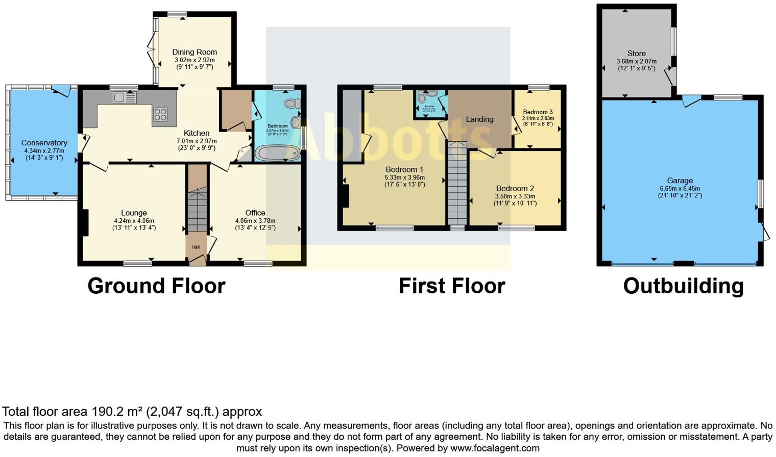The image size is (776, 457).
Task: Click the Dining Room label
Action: coord(194,52)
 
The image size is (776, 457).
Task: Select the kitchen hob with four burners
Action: coord(160,114)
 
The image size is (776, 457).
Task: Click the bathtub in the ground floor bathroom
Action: coord(277,153)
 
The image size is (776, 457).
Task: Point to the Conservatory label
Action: coord(44,143)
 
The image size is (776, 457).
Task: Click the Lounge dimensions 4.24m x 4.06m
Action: coord(134,221)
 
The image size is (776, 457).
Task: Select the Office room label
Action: coord(255,213)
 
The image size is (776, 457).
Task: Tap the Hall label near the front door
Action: coord(196,247)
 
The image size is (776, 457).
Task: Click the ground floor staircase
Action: coord(198,209)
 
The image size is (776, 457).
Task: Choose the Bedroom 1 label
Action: coord(404,169)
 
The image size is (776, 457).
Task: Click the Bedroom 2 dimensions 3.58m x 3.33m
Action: coord(515,196)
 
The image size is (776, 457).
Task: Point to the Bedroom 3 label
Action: coord(538,112)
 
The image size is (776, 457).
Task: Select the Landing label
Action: coord(479,119)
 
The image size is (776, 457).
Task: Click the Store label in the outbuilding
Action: coord(636,54)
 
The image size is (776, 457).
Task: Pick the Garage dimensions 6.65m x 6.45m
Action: coord(680,188)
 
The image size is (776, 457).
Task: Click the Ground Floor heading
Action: coord(156,286)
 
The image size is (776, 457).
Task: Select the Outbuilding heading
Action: coord(683,286)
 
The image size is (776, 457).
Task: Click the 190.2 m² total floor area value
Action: coord(117,412)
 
